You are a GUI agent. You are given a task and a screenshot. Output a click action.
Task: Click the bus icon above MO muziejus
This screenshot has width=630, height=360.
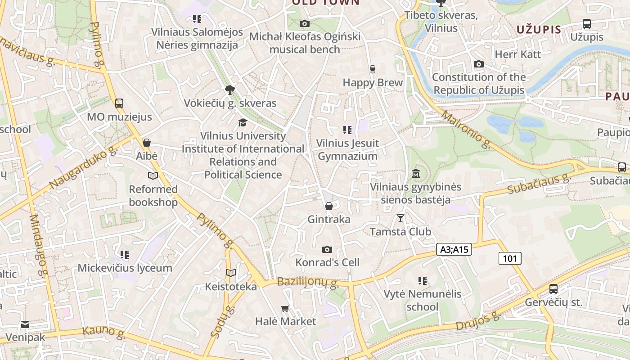(x=119, y=103)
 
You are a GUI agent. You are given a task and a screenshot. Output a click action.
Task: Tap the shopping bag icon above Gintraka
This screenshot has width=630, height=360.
(x=329, y=206)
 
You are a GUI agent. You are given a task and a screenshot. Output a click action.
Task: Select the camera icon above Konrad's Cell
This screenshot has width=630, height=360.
(x=327, y=249)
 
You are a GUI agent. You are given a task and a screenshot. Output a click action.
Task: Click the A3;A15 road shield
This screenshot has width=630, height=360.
(x=454, y=250)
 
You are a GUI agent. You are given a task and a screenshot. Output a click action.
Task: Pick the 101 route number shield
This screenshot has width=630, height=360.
(x=510, y=258)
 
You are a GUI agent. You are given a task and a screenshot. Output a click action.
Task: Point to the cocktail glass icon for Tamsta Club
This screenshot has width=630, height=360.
(x=400, y=218)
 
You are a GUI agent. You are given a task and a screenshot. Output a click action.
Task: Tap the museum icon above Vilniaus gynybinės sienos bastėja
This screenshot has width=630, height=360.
(x=416, y=173)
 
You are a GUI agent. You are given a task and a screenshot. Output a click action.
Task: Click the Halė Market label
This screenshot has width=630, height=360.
(x=285, y=321)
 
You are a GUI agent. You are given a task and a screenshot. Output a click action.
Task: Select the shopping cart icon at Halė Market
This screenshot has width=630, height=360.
(x=285, y=308)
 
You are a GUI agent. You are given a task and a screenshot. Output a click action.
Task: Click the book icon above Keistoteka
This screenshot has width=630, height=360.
(x=231, y=273)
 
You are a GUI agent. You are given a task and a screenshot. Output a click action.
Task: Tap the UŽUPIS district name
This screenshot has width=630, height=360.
(x=539, y=30)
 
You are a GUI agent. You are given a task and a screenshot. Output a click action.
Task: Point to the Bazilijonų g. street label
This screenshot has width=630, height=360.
(x=307, y=283)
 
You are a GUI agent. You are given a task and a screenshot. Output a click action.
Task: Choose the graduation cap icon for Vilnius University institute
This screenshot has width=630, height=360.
(x=243, y=122)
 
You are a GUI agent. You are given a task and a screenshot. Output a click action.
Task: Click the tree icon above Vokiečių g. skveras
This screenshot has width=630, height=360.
(x=230, y=90)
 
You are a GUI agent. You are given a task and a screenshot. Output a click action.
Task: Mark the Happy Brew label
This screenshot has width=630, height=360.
(x=373, y=82)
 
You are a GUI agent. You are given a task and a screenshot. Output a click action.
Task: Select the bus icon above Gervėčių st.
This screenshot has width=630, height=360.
(x=553, y=289)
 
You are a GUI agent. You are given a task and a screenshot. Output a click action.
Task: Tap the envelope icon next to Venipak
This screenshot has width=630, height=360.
(x=25, y=324)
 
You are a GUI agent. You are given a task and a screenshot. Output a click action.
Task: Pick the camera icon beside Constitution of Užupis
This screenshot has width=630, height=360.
(x=479, y=64)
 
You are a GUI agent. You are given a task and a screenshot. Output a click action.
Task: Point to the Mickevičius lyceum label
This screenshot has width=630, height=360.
(x=125, y=268)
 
